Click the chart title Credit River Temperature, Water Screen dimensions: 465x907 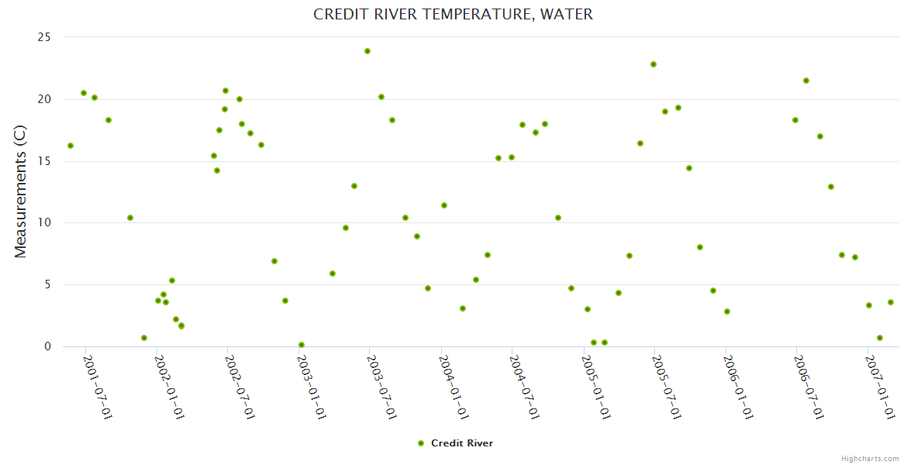[453, 14]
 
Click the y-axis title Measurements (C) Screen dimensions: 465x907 [21, 191]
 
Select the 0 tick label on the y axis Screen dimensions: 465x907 [47, 346]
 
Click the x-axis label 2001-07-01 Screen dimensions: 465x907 [98, 387]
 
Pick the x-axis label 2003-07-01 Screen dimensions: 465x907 [382, 387]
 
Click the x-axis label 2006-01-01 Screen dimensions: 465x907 [738, 387]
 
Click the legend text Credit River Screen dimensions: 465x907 [462, 443]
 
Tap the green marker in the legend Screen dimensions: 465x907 [421, 443]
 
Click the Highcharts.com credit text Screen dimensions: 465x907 [870, 458]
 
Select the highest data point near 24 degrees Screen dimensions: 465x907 [367, 51]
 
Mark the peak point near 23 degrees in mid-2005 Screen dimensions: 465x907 [654, 64]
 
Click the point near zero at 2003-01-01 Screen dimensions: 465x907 [302, 345]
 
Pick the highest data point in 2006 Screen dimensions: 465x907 [806, 81]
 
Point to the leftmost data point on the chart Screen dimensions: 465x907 [71, 146]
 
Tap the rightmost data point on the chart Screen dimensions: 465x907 [891, 302]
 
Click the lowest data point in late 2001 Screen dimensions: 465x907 [144, 338]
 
